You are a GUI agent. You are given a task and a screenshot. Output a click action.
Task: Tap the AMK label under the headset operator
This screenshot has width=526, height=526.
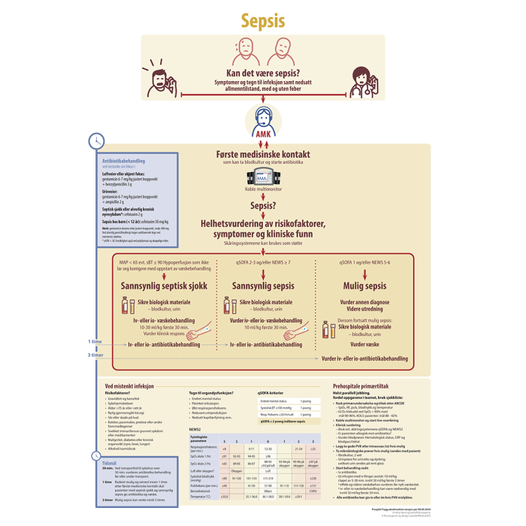(x=263, y=135)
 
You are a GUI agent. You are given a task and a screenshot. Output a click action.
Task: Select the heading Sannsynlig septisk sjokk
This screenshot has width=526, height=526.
(x=163, y=286)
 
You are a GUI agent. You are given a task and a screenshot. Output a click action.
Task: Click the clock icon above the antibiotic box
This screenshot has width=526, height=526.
(x=96, y=141)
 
